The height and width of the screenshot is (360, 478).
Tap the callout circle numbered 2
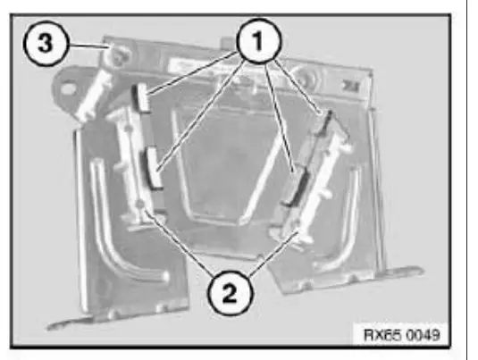227,290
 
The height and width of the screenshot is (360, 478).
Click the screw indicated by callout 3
114,59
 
